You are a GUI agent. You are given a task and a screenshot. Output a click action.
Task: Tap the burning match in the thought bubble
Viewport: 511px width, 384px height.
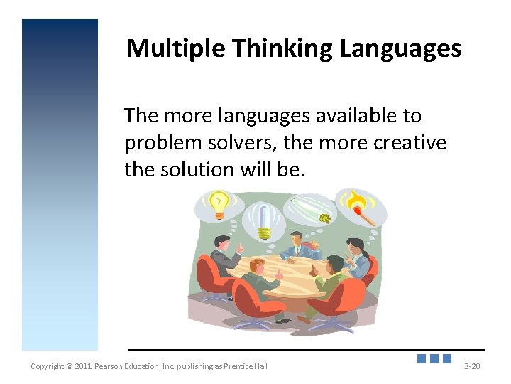[x=361, y=206]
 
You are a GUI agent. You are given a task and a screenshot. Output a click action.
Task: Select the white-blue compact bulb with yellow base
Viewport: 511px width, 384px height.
[x=263, y=221]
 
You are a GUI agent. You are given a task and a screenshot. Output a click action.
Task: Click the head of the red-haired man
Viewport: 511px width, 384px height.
[x=257, y=267]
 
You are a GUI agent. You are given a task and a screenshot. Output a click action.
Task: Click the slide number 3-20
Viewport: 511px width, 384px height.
[x=472, y=366]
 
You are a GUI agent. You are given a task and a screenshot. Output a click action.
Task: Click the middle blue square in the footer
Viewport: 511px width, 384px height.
[x=434, y=359]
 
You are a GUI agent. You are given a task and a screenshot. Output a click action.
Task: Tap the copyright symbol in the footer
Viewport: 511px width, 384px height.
[x=69, y=366]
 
